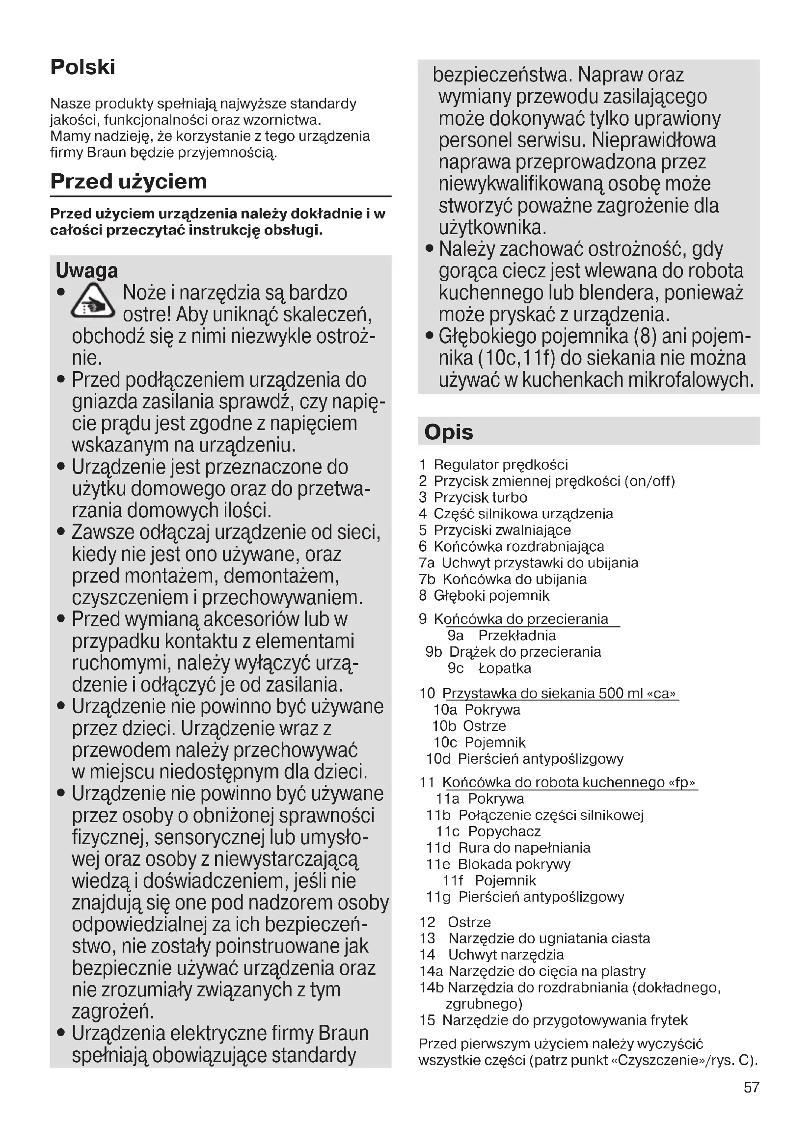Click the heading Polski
click(x=82, y=67)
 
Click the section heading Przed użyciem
click(x=129, y=181)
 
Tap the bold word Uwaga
click(x=86, y=270)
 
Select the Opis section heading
click(x=448, y=432)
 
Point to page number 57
click(x=751, y=1088)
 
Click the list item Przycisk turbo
click(x=480, y=498)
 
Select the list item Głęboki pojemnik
click(x=491, y=595)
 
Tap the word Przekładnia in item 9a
click(x=517, y=636)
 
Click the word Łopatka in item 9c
click(x=505, y=668)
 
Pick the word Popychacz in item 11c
click(x=505, y=831)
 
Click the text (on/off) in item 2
click(x=650, y=481)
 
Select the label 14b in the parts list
click(x=432, y=988)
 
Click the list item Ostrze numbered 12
click(x=469, y=922)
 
